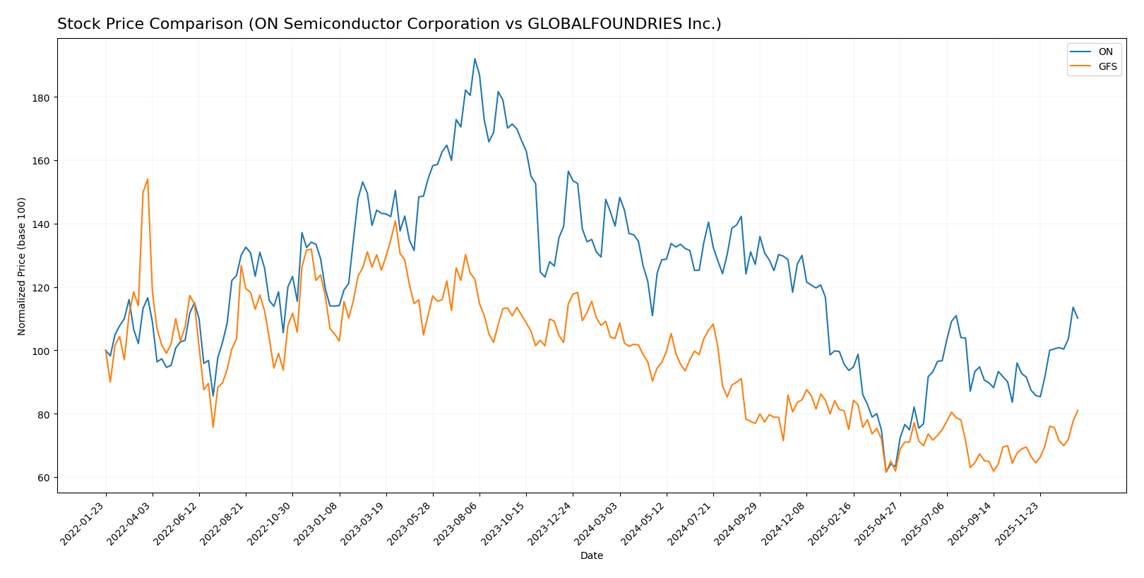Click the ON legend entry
click(1105, 52)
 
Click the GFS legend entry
click(1107, 67)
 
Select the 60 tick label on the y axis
click(44, 478)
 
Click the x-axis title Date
click(591, 556)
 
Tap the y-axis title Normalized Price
click(22, 266)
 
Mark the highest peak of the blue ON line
click(475, 59)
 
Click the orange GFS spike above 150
click(148, 179)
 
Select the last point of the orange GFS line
click(1078, 410)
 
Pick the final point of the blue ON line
click(1078, 318)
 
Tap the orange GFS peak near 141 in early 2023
click(395, 221)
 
